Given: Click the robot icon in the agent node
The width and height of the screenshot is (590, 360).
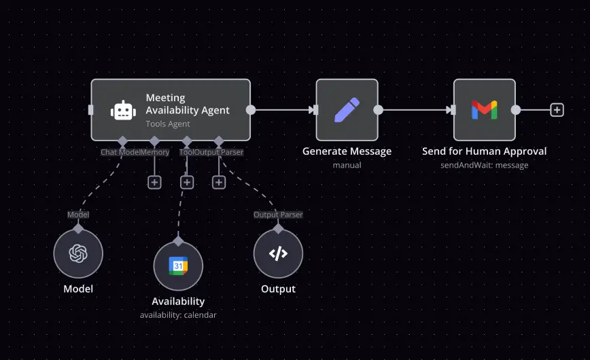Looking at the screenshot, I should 123,110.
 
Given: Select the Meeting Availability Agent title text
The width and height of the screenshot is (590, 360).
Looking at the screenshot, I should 188,104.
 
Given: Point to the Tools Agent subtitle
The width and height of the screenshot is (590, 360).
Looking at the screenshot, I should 168,124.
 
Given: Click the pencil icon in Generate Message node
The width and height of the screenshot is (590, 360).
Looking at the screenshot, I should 347,110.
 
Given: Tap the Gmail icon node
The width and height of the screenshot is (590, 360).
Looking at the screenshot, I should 484,110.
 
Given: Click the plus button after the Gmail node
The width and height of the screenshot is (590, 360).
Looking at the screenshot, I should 557,110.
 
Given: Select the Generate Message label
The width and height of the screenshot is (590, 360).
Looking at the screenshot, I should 347,151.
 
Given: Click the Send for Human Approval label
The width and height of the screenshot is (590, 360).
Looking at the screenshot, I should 484,151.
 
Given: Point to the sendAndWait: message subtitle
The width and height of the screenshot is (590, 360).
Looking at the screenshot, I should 484,165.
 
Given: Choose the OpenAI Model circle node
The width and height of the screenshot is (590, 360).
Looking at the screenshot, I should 78,253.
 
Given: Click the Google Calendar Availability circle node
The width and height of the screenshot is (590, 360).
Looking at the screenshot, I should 178,266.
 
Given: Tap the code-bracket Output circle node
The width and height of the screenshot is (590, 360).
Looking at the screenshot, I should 278,253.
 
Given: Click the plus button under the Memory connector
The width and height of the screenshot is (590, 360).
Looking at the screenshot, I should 154,182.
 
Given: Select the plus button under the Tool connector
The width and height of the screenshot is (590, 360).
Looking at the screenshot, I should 187,182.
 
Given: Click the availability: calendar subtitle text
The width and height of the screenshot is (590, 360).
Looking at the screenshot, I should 178,314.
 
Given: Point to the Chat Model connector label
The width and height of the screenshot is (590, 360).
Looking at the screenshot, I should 120,152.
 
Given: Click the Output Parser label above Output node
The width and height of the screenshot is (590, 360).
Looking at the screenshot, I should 278,215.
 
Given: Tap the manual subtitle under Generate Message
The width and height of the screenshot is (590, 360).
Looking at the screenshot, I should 347,165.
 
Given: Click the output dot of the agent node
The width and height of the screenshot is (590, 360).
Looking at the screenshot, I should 251,110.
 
